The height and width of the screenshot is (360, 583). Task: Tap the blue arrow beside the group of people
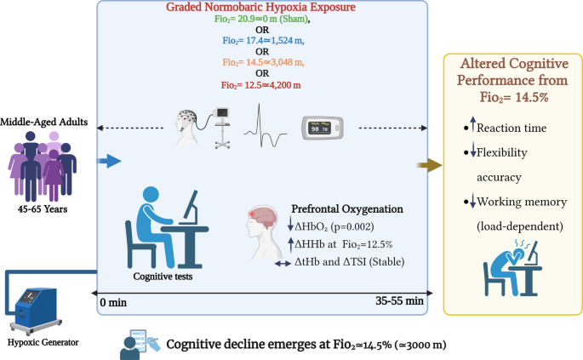click(x=109, y=160)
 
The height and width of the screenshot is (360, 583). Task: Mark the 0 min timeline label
click(x=112, y=301)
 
